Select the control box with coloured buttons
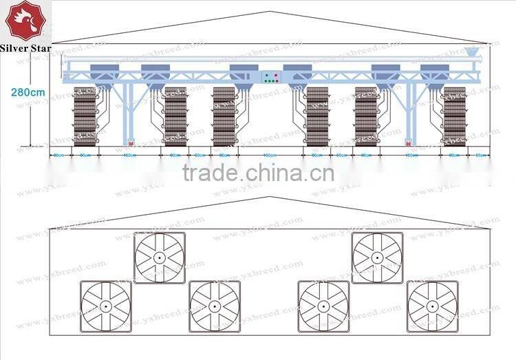click(269, 77)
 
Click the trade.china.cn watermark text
click(258, 171)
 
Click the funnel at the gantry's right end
click(473, 52)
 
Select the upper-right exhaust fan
click(377, 257)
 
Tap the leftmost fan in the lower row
click(105, 306)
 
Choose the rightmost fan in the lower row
click(432, 306)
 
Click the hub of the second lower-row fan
click(214, 306)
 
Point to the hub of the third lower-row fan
click(323, 306)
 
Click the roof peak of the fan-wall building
click(269, 198)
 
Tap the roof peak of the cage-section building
click(269, 12)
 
